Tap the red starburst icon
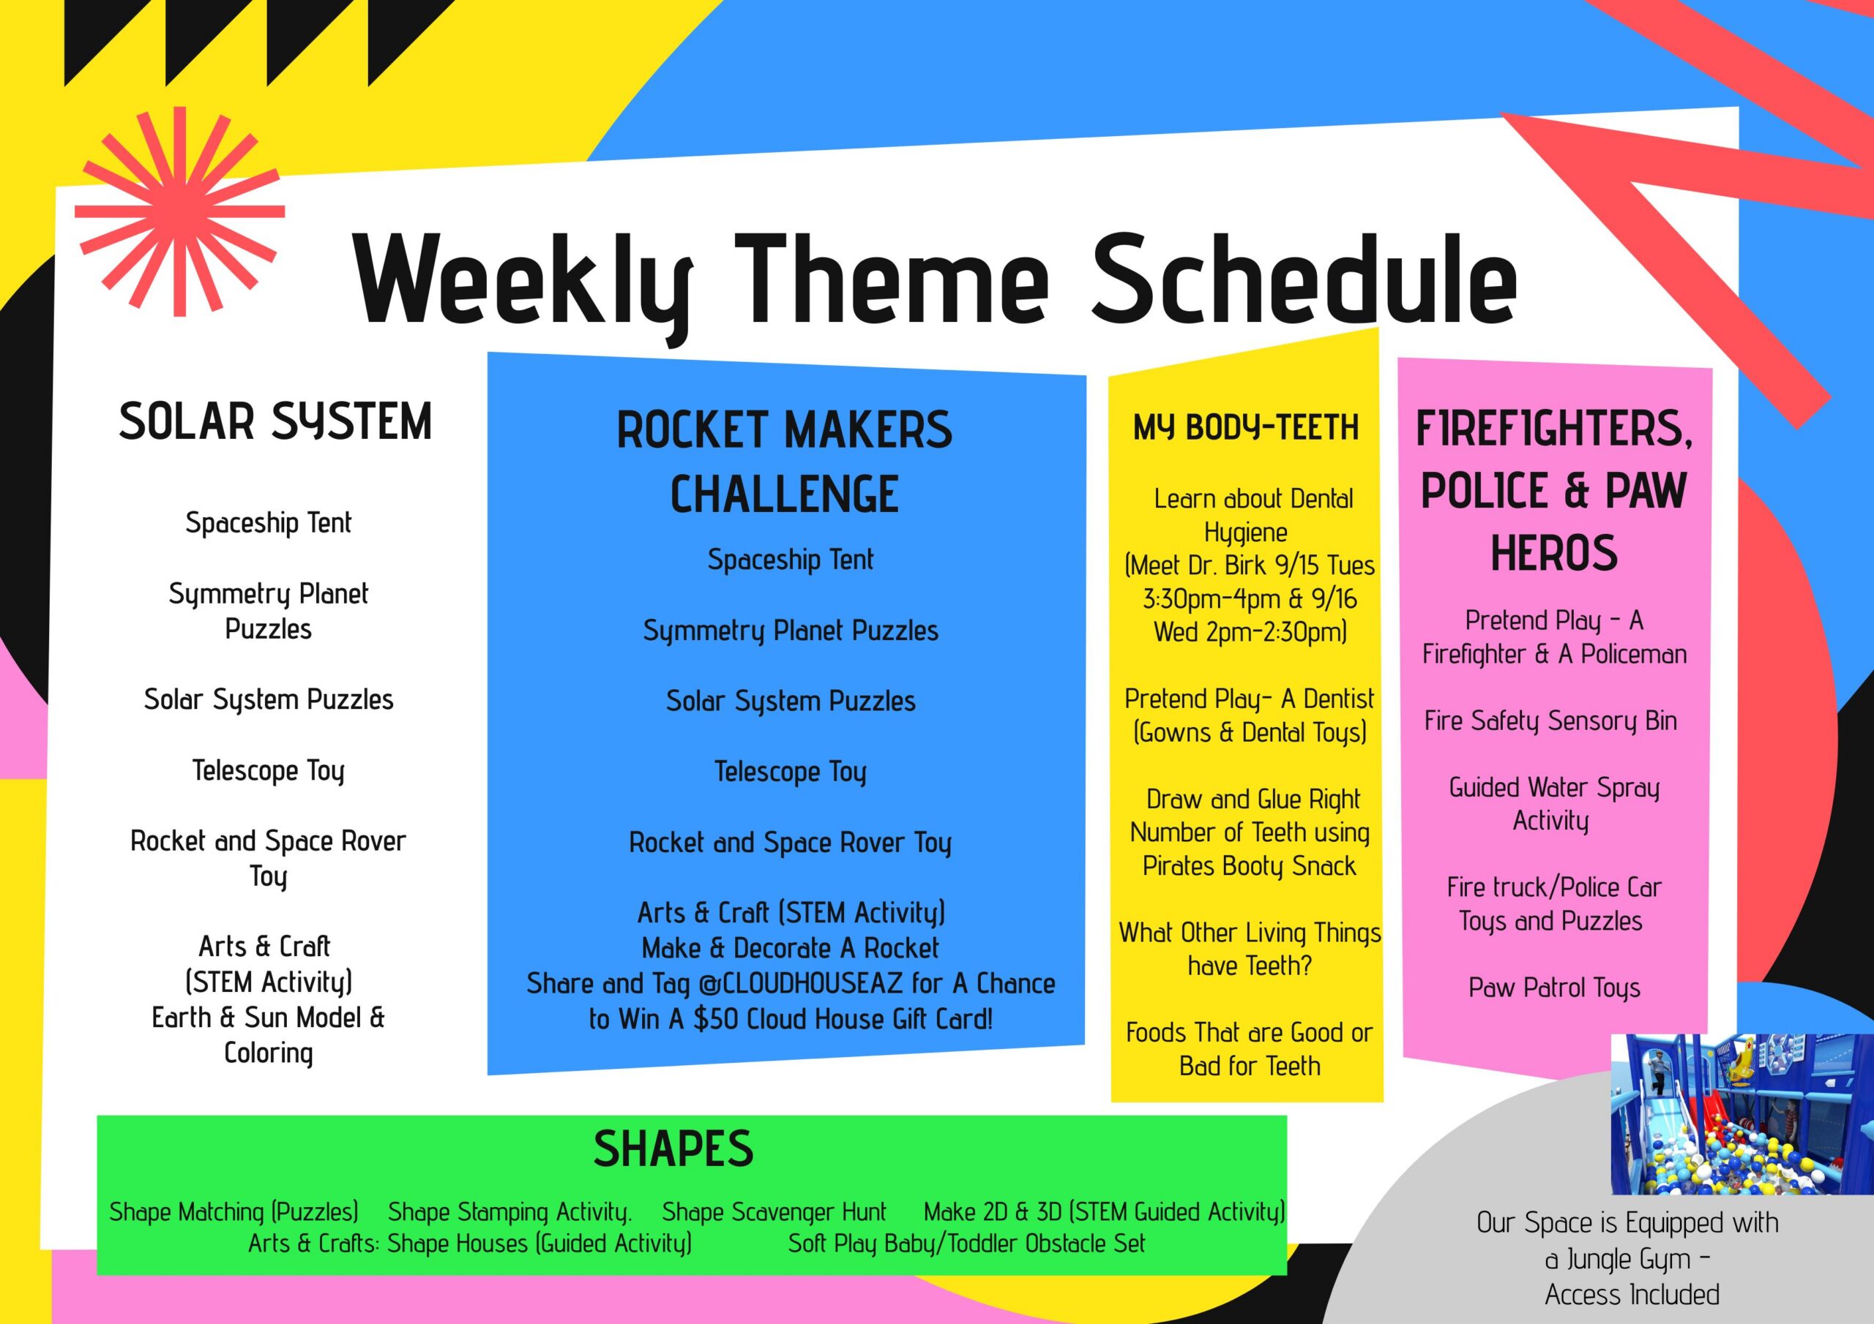(x=179, y=211)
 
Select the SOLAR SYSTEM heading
(x=275, y=422)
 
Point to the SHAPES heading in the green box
(x=673, y=1149)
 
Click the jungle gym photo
(x=1742, y=1114)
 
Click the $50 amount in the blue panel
(x=716, y=1019)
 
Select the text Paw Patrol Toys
(x=1554, y=988)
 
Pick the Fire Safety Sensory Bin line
(x=1550, y=721)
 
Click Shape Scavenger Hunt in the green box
(x=774, y=1212)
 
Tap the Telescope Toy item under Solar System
(x=269, y=771)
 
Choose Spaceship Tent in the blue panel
(x=790, y=560)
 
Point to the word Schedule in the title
(x=1304, y=282)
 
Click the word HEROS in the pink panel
(x=1554, y=553)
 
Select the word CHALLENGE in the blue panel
(x=784, y=494)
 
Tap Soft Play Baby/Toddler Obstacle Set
(x=966, y=1244)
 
